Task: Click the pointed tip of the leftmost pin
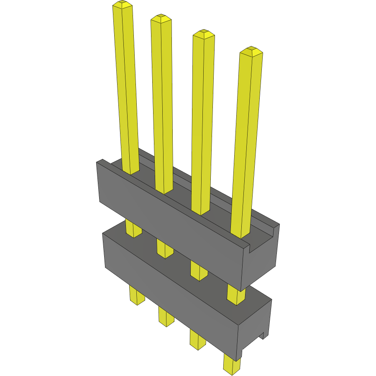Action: pyautogui.click(x=123, y=5)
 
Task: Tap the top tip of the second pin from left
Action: pyautogui.click(x=161, y=18)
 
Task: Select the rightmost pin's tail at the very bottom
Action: pyautogui.click(x=232, y=364)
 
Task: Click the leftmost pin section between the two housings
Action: pyautogui.click(x=133, y=228)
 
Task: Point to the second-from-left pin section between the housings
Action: pyautogui.click(x=165, y=249)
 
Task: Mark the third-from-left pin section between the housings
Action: pyautogui.click(x=199, y=271)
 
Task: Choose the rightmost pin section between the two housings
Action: pyautogui.click(x=236, y=294)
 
